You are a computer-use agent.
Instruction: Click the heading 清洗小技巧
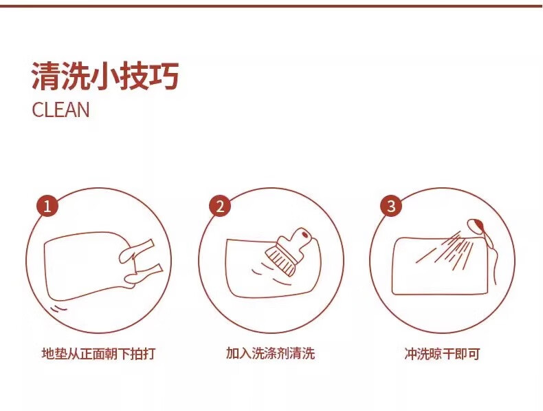coord(105,76)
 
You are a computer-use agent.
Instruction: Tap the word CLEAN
coord(60,109)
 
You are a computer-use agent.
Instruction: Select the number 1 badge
coord(47,207)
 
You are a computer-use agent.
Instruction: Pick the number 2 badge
coord(220,207)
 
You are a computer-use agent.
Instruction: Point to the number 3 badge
coord(391,206)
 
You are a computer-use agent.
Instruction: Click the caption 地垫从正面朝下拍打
coord(98,354)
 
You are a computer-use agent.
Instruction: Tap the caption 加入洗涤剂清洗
coord(270,353)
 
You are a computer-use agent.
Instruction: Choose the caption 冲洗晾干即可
coord(442,354)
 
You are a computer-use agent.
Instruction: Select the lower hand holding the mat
coord(143,275)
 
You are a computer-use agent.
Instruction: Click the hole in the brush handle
coord(304,235)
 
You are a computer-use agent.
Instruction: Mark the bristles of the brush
coord(280,261)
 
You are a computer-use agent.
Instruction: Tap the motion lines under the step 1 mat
coord(58,308)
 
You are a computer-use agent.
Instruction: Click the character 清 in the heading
coord(45,76)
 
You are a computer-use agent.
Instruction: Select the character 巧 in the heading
coord(164,76)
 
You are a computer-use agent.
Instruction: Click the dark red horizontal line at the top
coord(271,6)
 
